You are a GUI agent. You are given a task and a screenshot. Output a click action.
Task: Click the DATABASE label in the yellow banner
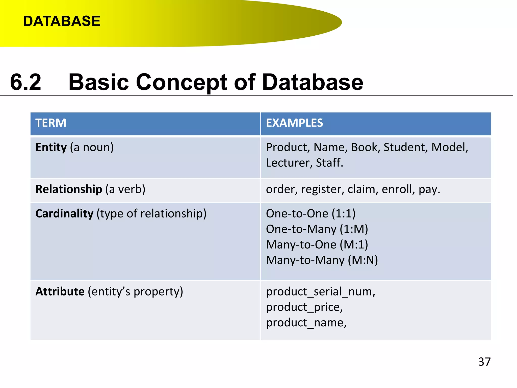pos(62,21)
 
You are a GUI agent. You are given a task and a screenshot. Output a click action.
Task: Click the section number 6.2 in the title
pos(25,82)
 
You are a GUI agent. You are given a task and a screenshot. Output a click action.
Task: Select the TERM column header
pos(51,123)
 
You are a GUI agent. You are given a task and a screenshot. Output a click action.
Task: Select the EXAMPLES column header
pos(294,123)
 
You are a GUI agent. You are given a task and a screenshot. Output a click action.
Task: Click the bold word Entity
pos(51,147)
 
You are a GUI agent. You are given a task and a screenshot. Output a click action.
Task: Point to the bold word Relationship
pos(69,189)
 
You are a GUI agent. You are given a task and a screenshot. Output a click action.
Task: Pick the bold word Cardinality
pos(64,214)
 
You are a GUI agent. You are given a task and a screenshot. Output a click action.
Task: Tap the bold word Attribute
pos(60,292)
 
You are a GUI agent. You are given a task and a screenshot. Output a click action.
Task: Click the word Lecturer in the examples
pos(288,163)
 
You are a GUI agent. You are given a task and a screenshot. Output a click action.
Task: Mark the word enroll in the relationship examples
pos(398,189)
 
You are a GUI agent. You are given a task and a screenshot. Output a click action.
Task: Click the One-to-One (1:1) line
pos(311,214)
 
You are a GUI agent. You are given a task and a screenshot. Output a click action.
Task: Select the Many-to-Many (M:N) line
pos(322,260)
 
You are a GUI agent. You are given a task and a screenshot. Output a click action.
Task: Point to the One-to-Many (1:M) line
pos(317,229)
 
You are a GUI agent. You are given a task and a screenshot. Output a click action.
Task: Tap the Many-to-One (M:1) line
pos(317,245)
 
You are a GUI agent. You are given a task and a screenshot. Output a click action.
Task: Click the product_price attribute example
pos(304,307)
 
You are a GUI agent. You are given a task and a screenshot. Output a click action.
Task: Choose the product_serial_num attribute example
pos(321,292)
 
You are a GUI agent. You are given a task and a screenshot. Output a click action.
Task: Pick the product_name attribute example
pos(306,323)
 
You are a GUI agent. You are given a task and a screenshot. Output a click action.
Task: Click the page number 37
pos(484,362)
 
